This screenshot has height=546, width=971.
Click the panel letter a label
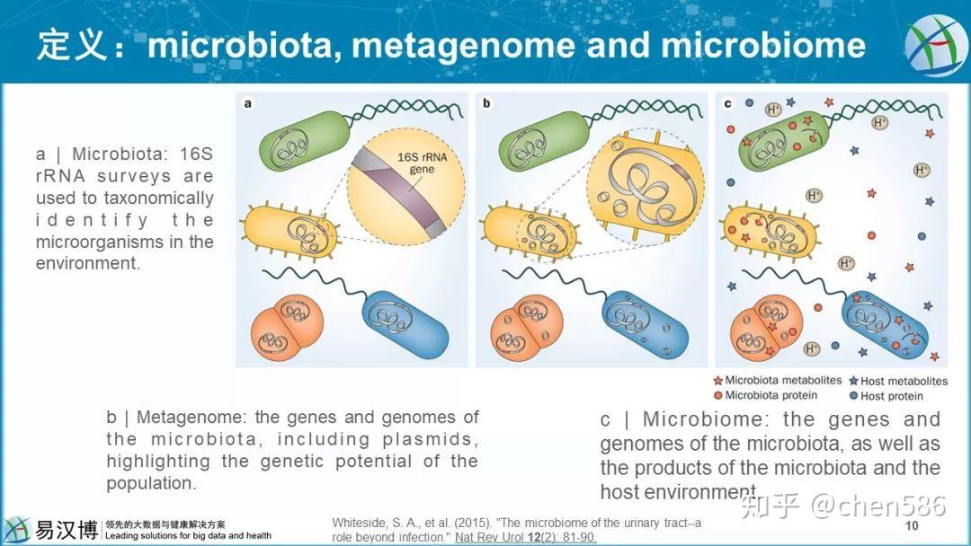coord(247,103)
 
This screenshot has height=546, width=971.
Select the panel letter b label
coord(486,103)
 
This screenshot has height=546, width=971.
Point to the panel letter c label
coord(726,103)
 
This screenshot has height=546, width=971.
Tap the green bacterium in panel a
coord(298,145)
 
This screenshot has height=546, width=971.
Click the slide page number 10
coord(912,525)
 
